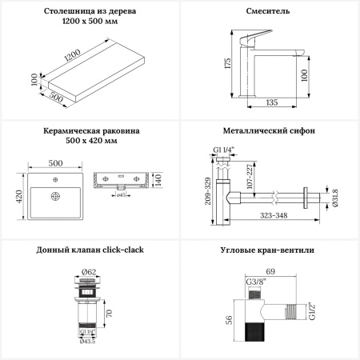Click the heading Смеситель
tap(268, 11)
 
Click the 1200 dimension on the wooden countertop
tap(73, 55)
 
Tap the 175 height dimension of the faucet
tap(228, 63)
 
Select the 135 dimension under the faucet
tap(272, 102)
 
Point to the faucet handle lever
tap(255, 37)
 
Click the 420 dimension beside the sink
tap(19, 196)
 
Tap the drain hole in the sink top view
tap(55, 196)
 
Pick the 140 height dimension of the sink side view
tap(158, 180)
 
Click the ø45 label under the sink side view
tap(121, 195)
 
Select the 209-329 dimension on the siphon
tap(208, 191)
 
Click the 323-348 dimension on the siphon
tap(274, 215)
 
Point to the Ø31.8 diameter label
tap(335, 198)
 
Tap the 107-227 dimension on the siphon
tap(250, 176)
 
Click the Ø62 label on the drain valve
tap(89, 272)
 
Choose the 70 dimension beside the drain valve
tap(109, 314)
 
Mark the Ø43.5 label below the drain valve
tap(87, 341)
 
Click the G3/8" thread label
tap(256, 282)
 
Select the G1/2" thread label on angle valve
tap(312, 310)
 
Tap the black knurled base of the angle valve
tap(254, 332)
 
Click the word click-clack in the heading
tap(123, 250)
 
